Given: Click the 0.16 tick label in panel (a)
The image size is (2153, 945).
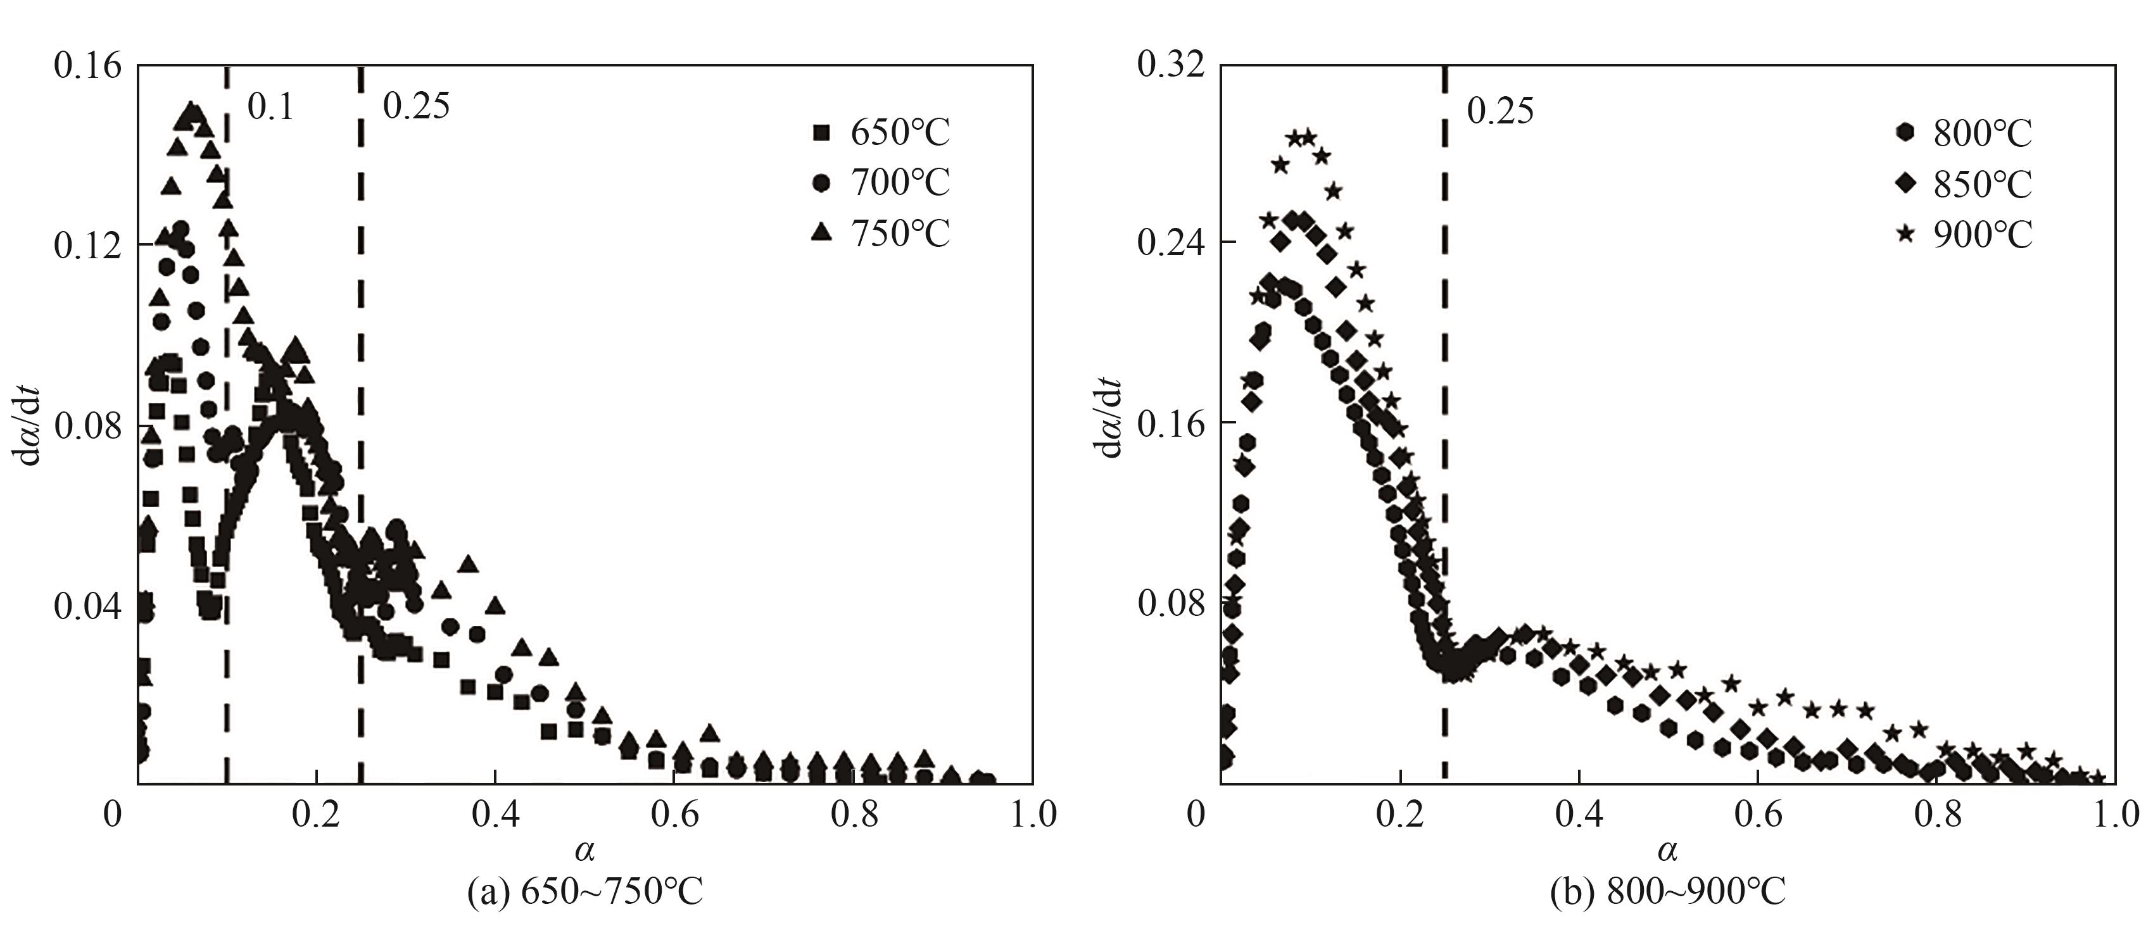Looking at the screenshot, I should coord(87,66).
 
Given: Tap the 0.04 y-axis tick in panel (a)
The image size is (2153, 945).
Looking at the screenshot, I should coord(87,608).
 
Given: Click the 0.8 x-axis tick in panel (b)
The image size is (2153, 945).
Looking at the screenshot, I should coord(1937,815).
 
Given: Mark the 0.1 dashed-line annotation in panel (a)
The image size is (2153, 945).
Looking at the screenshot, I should coord(271,108).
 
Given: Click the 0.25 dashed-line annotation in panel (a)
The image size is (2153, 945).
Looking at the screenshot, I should coord(415,106).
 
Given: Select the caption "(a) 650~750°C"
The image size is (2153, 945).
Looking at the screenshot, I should coord(584,893).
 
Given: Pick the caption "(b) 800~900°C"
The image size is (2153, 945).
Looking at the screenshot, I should coord(1667,893).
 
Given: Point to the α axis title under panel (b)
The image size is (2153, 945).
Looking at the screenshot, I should coord(1667,851).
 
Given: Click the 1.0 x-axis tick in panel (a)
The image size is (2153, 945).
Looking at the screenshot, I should coord(1033,815).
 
